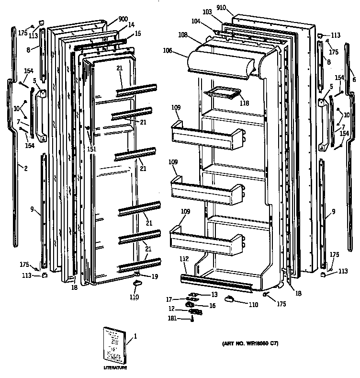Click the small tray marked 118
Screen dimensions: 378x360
click(221, 93)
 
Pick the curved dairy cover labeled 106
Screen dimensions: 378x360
click(220, 62)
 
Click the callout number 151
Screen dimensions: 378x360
click(91, 149)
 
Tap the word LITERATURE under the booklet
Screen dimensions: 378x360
click(115, 367)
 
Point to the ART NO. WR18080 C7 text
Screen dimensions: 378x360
click(250, 344)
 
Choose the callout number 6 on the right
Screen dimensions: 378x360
click(354, 80)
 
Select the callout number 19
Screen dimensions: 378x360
click(155, 276)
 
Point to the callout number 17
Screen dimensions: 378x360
click(169, 300)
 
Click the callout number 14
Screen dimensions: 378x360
click(131, 24)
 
